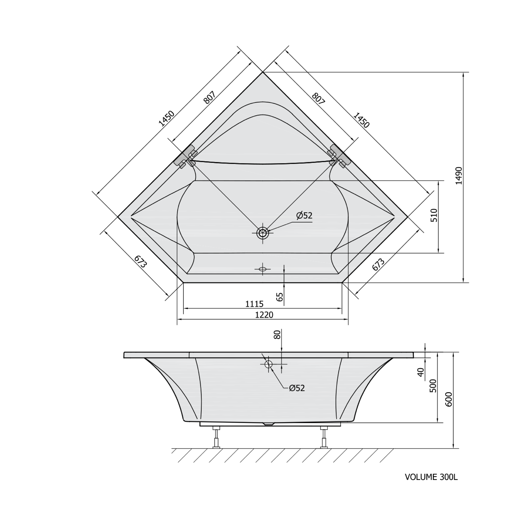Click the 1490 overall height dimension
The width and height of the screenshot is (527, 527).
459,176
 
